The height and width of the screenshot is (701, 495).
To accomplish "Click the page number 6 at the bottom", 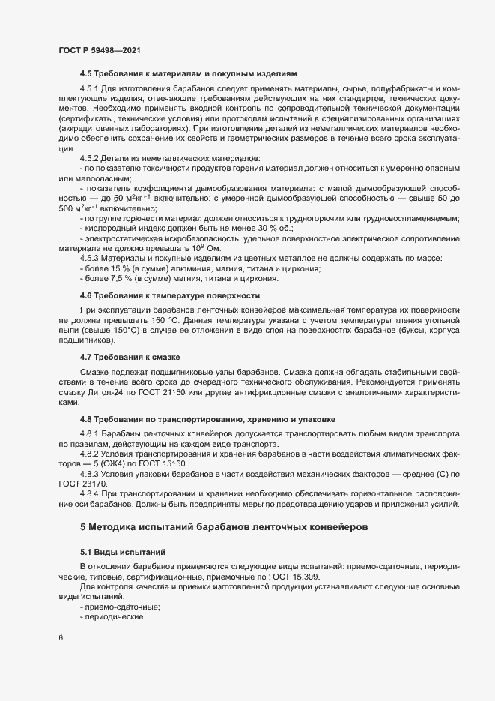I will pos(61,638).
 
